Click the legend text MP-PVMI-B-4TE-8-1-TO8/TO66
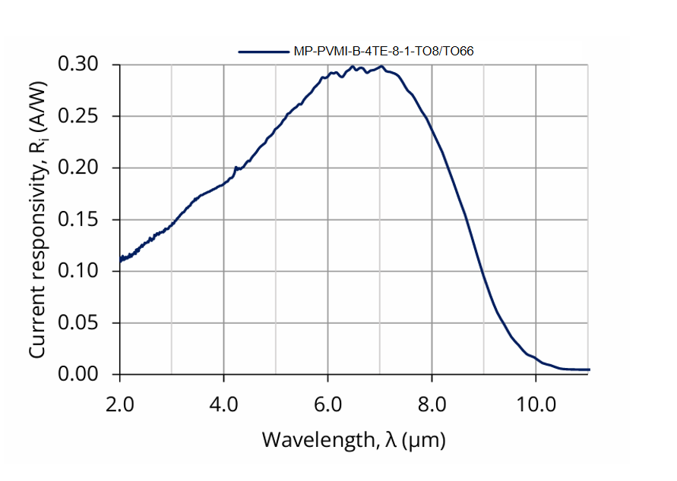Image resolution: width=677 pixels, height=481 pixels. pyautogui.click(x=384, y=52)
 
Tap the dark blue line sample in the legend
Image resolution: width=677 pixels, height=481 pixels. pyautogui.click(x=263, y=52)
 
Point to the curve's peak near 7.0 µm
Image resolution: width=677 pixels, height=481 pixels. pyautogui.click(x=380, y=67)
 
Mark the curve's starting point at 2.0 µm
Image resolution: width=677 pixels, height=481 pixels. pyautogui.click(x=120, y=261)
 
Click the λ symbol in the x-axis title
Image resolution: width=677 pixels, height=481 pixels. pyautogui.click(x=391, y=439)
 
